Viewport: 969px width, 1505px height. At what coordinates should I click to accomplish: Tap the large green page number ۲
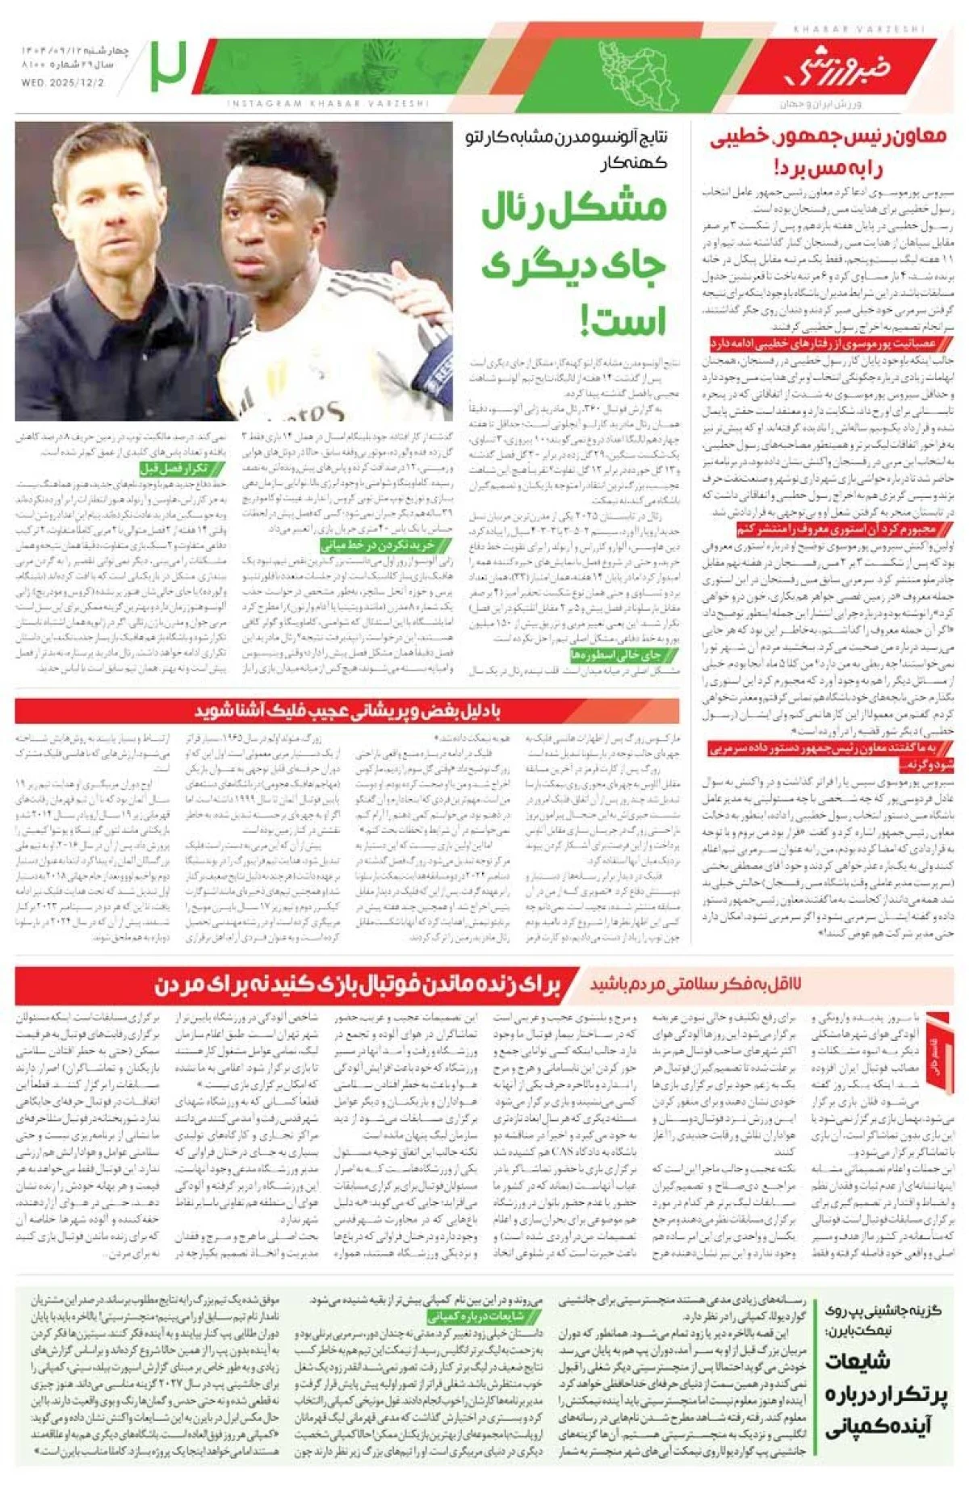pos(168,66)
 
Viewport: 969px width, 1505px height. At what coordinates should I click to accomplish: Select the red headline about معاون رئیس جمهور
pos(828,151)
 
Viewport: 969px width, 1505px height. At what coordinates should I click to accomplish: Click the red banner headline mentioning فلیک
pos(347,711)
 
